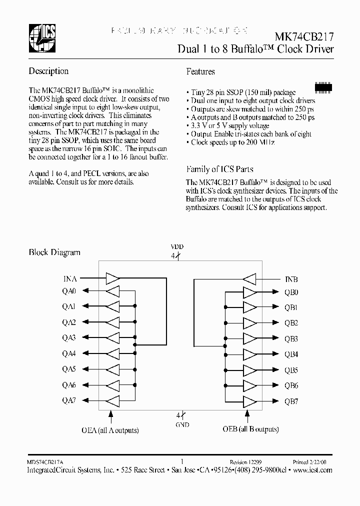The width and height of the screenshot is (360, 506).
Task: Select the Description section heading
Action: (x=48, y=71)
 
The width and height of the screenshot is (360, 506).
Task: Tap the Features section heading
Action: (x=200, y=71)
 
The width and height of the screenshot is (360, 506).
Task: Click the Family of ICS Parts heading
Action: (x=219, y=169)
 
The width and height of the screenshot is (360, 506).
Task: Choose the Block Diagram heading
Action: (x=54, y=252)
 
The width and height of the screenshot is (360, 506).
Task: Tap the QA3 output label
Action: (x=68, y=338)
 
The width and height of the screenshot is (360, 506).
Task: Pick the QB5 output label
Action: (x=291, y=370)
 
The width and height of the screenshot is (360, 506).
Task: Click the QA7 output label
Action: (x=68, y=400)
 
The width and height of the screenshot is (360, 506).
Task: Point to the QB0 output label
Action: (x=291, y=293)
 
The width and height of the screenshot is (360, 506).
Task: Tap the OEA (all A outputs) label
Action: (x=110, y=429)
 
